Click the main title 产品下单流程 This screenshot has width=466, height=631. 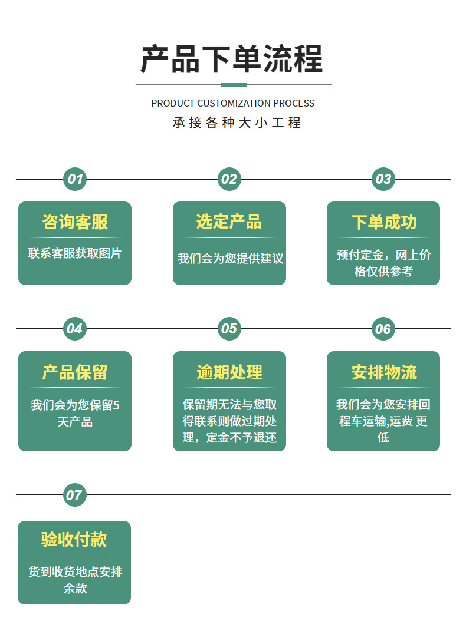(232, 59)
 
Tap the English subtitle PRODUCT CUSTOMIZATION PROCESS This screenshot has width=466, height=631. (233, 104)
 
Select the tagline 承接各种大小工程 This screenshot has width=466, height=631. (237, 123)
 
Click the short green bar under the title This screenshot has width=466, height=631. (234, 85)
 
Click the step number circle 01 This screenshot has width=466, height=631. (75, 179)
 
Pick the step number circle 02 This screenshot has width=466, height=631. (229, 179)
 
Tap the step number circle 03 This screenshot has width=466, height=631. (383, 179)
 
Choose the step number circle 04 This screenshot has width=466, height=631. (75, 329)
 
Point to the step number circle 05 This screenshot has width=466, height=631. (229, 329)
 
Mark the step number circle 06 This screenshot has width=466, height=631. (383, 329)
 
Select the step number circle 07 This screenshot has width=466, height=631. (75, 495)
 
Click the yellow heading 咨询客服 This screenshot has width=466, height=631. (75, 222)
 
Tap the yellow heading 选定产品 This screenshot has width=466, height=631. (229, 222)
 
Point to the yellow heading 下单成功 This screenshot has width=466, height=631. (384, 222)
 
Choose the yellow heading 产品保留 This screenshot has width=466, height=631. (75, 372)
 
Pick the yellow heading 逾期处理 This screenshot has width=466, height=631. (229, 372)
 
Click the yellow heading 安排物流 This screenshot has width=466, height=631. (384, 372)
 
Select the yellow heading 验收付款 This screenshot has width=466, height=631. (74, 539)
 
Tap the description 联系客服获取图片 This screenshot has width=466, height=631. (75, 253)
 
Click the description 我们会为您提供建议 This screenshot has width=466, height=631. (231, 259)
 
